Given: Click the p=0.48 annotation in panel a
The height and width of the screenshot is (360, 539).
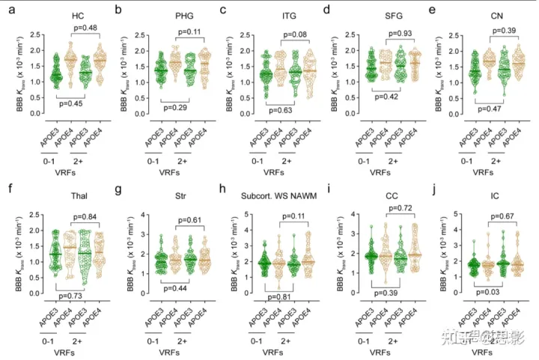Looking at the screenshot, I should coord(86,28).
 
